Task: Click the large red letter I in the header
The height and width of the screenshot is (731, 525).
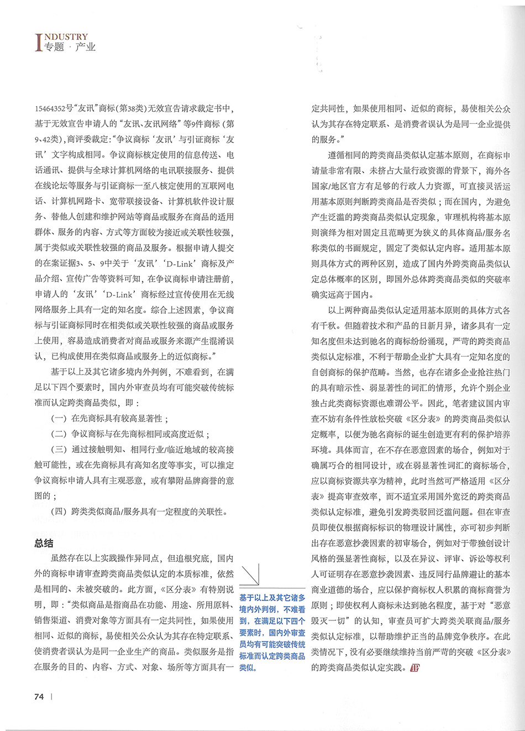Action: coord(39,43)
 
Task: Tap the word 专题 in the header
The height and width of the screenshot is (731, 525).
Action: coord(55,48)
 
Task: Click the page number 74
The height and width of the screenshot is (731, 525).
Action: coord(39,697)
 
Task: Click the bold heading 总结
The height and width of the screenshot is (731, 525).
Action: coord(44,543)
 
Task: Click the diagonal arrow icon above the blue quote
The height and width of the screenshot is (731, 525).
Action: coord(250,575)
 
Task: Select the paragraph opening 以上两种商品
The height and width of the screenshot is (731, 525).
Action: coord(351,310)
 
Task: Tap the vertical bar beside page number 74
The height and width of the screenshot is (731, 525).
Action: coord(51,697)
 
